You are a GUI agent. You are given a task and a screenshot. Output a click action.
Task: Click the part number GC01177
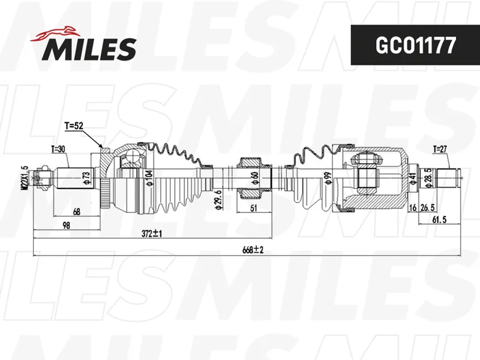(415, 46)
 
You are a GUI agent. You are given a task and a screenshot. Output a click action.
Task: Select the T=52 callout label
(74, 126)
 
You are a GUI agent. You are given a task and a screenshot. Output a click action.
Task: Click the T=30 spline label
(58, 149)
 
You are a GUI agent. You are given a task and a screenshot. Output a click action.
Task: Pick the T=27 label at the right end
(440, 149)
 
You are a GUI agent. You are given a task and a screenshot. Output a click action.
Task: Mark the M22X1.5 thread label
(25, 178)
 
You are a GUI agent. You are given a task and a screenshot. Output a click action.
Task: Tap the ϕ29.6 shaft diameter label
(218, 200)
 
